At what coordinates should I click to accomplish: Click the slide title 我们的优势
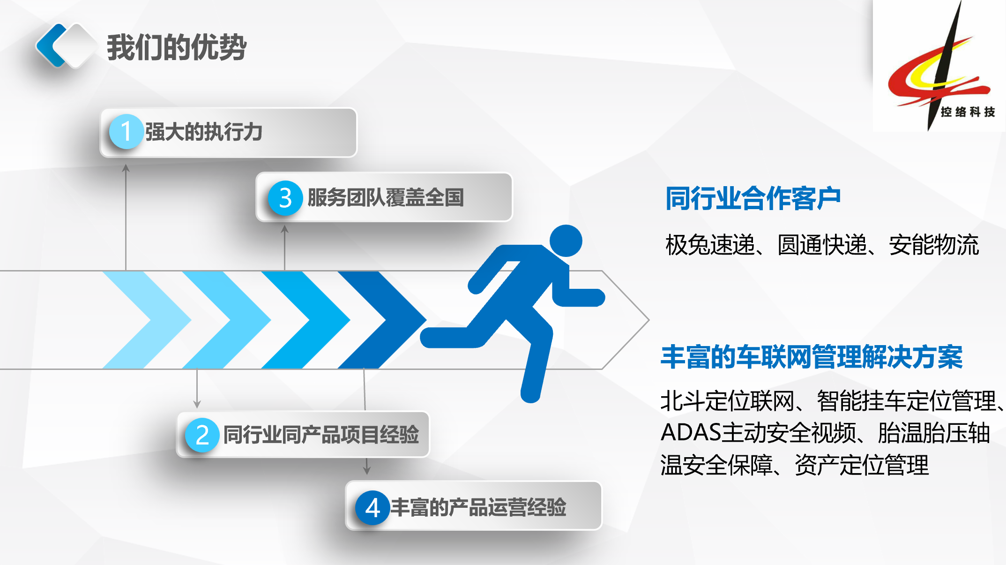pyautogui.click(x=177, y=47)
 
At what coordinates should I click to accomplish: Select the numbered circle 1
pyautogui.click(x=126, y=132)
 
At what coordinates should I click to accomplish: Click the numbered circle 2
pyautogui.click(x=202, y=435)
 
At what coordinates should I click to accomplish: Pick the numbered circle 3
pyautogui.click(x=285, y=198)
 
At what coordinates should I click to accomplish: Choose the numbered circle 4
pyautogui.click(x=373, y=508)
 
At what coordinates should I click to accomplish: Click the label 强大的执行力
pyautogui.click(x=204, y=132)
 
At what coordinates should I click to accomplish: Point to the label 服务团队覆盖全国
pyautogui.click(x=386, y=197)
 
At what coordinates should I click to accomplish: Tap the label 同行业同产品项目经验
pyautogui.click(x=321, y=435)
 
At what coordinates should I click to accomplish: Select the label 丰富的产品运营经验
pyautogui.click(x=478, y=507)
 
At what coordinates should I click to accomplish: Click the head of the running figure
pyautogui.click(x=566, y=241)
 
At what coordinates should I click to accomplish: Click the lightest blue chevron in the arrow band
pyautogui.click(x=147, y=320)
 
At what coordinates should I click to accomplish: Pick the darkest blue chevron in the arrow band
pyautogui.click(x=382, y=320)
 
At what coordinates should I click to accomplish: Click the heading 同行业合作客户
pyautogui.click(x=753, y=198)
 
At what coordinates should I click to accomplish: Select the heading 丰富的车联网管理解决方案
pyautogui.click(x=812, y=357)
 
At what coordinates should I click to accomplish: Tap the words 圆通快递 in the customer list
pyautogui.click(x=822, y=245)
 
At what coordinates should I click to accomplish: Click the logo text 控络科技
pyautogui.click(x=968, y=112)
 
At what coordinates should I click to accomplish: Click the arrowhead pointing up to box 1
pyautogui.click(x=126, y=167)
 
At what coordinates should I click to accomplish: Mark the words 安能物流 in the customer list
pyautogui.click(x=934, y=245)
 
